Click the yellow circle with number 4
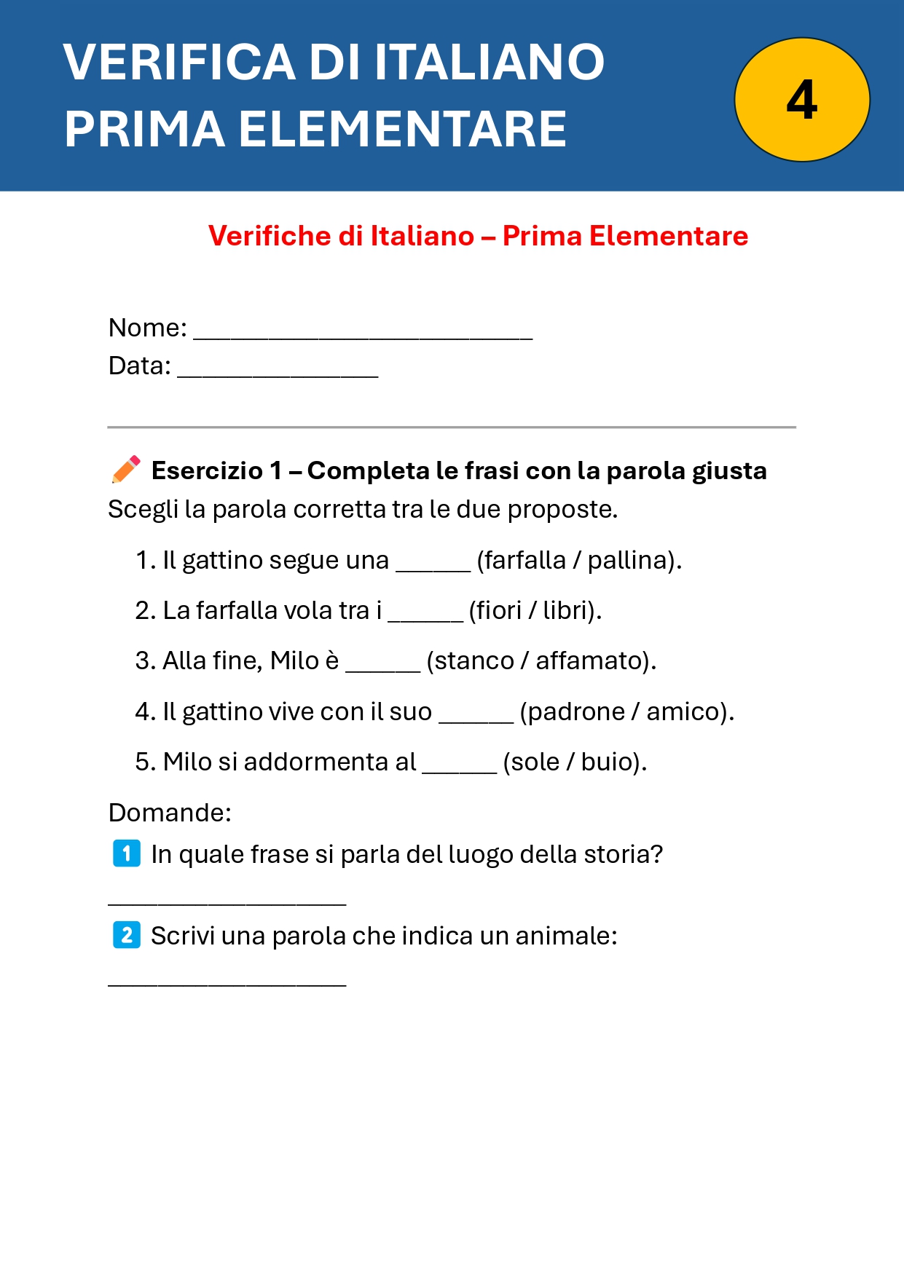click(802, 100)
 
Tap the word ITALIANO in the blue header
click(490, 62)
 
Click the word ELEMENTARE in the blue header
click(403, 130)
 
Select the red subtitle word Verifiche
click(268, 236)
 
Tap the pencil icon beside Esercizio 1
click(126, 470)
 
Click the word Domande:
click(170, 812)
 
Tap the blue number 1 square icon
click(127, 853)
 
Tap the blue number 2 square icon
click(127, 935)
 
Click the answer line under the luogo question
click(227, 900)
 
